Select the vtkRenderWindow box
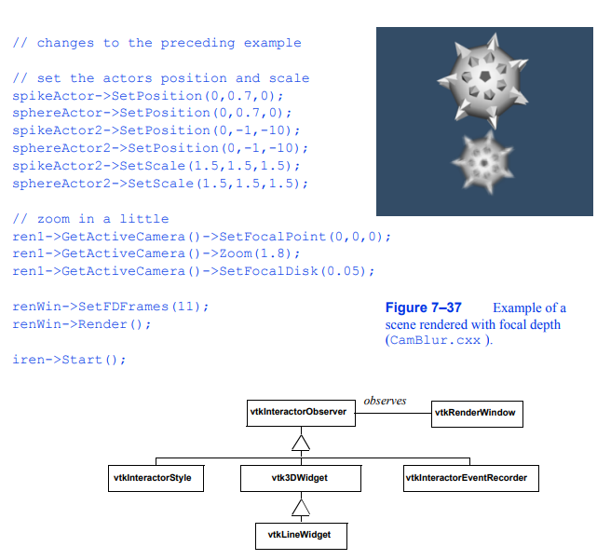[476, 413]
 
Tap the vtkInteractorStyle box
[155, 479]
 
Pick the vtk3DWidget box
[299, 479]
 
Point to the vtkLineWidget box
[299, 535]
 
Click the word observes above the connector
[385, 402]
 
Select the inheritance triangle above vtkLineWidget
[299, 506]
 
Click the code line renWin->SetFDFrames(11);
[111, 307]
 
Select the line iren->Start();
[69, 360]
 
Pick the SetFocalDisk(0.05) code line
[194, 271]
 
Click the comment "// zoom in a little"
[90, 218]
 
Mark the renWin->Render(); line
[82, 324]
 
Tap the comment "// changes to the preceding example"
[156, 43]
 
